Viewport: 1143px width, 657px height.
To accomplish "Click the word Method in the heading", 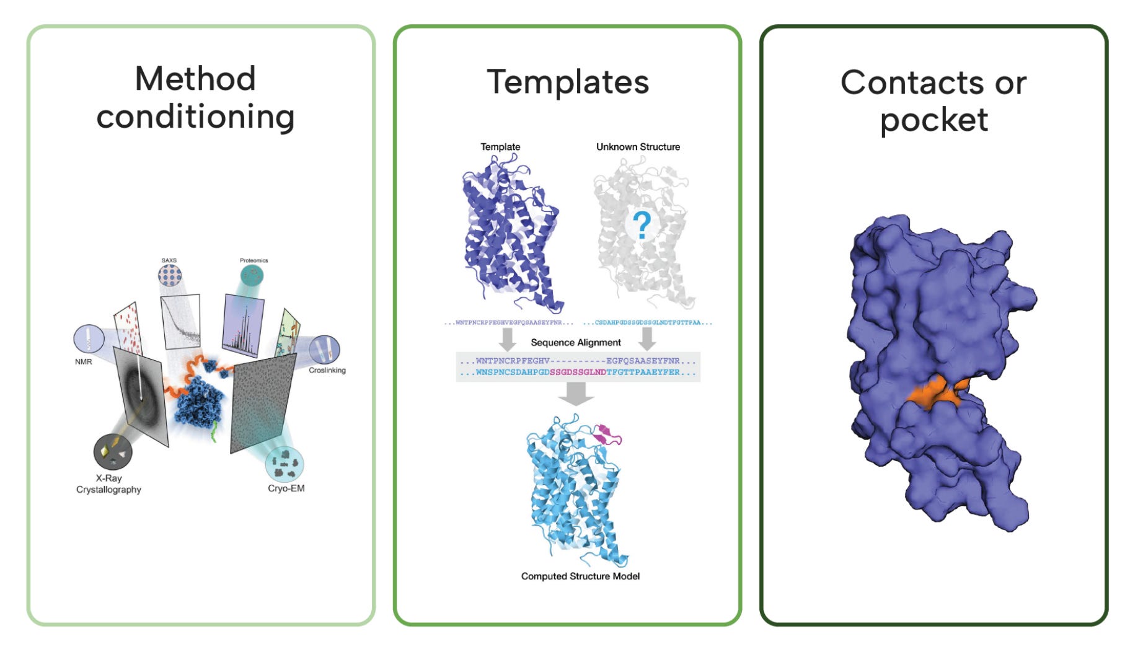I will pos(195,79).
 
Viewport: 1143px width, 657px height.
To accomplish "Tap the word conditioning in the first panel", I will pos(195,117).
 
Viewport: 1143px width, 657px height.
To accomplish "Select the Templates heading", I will pos(568,82).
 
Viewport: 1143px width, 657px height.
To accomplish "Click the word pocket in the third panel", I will pos(933,120).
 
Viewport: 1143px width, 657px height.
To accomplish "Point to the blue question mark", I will pos(643,225).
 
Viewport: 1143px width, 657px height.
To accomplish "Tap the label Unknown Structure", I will pos(638,147).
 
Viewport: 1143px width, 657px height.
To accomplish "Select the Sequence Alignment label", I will pos(575,342).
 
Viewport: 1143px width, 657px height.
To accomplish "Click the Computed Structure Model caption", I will pos(580,576).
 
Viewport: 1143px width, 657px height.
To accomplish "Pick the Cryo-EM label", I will pos(286,488).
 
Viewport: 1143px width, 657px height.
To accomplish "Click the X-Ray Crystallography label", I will pos(108,484).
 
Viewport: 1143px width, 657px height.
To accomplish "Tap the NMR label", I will pos(84,361).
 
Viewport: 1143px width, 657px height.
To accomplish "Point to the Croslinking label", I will pos(327,370).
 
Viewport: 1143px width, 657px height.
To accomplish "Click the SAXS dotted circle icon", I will pos(169,275).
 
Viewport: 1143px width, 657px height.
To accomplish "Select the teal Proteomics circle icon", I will pos(252,275).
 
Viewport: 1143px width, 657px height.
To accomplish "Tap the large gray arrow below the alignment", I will pos(576,393).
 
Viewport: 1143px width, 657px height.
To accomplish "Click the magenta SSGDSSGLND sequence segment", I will pos(577,373).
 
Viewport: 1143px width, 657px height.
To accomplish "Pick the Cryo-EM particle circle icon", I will pos(285,464).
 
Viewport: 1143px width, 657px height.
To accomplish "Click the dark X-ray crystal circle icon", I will pos(112,452).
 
